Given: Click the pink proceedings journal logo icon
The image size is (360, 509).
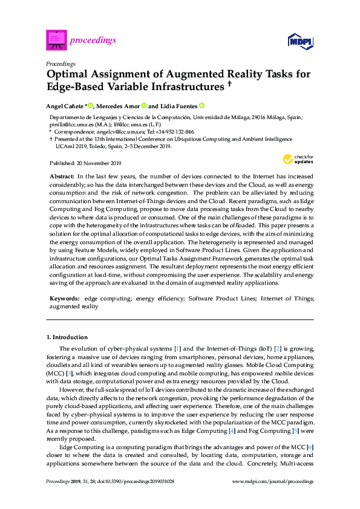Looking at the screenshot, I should pyautogui.click(x=56, y=40).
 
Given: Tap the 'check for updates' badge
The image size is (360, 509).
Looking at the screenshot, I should pyautogui.click(x=295, y=160).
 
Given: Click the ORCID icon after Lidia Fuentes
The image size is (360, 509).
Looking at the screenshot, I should pyautogui.click(x=202, y=105).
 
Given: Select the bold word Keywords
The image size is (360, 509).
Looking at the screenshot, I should pyautogui.click(x=64, y=299).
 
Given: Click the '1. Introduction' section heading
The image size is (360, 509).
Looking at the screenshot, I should pyautogui.click(x=67, y=337).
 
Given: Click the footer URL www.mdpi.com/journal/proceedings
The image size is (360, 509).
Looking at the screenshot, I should pyautogui.click(x=273, y=482).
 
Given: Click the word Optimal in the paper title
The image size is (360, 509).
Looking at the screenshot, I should pyautogui.click(x=68, y=74).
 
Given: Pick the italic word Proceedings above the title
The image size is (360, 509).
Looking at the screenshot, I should pyautogui.click(x=61, y=63).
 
